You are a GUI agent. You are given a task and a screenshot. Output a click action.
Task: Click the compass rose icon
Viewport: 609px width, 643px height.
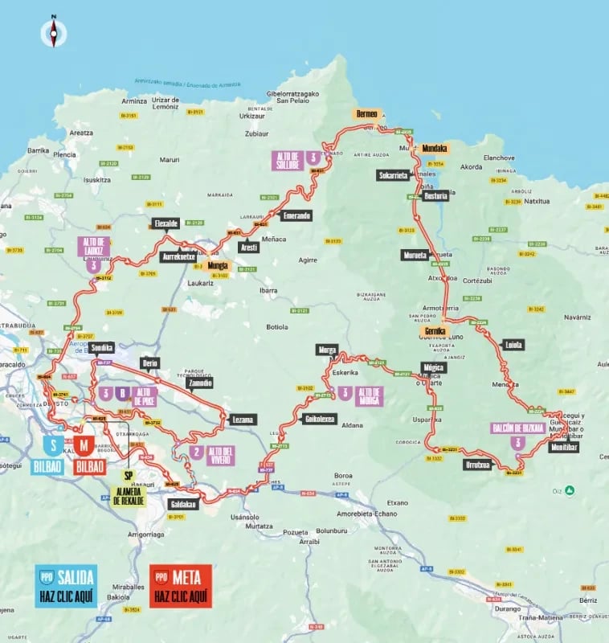[54, 32]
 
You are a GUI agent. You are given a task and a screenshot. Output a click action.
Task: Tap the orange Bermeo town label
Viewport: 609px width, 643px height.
[366, 114]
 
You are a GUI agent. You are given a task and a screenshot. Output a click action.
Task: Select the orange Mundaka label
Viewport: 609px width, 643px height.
[434, 149]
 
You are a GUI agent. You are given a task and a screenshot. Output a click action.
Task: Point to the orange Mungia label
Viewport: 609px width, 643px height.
[218, 265]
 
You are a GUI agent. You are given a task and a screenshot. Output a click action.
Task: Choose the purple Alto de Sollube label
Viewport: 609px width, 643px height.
[288, 160]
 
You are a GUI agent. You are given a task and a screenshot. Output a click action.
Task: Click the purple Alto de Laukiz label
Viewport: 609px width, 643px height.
[94, 245]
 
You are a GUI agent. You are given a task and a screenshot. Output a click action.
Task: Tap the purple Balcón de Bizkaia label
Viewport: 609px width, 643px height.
[518, 428]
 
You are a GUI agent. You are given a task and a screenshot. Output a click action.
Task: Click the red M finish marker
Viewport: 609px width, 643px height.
[86, 444]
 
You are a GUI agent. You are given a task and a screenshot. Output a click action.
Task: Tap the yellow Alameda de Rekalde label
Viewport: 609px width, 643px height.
[128, 495]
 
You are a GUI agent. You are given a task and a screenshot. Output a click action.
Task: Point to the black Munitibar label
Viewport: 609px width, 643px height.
[564, 448]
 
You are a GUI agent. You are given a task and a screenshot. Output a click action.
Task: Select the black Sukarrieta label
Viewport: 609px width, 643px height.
[393, 175]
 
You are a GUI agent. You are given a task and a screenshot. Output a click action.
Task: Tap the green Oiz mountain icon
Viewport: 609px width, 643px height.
[569, 489]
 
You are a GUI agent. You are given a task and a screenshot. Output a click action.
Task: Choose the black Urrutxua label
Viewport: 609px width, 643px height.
[478, 463]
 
